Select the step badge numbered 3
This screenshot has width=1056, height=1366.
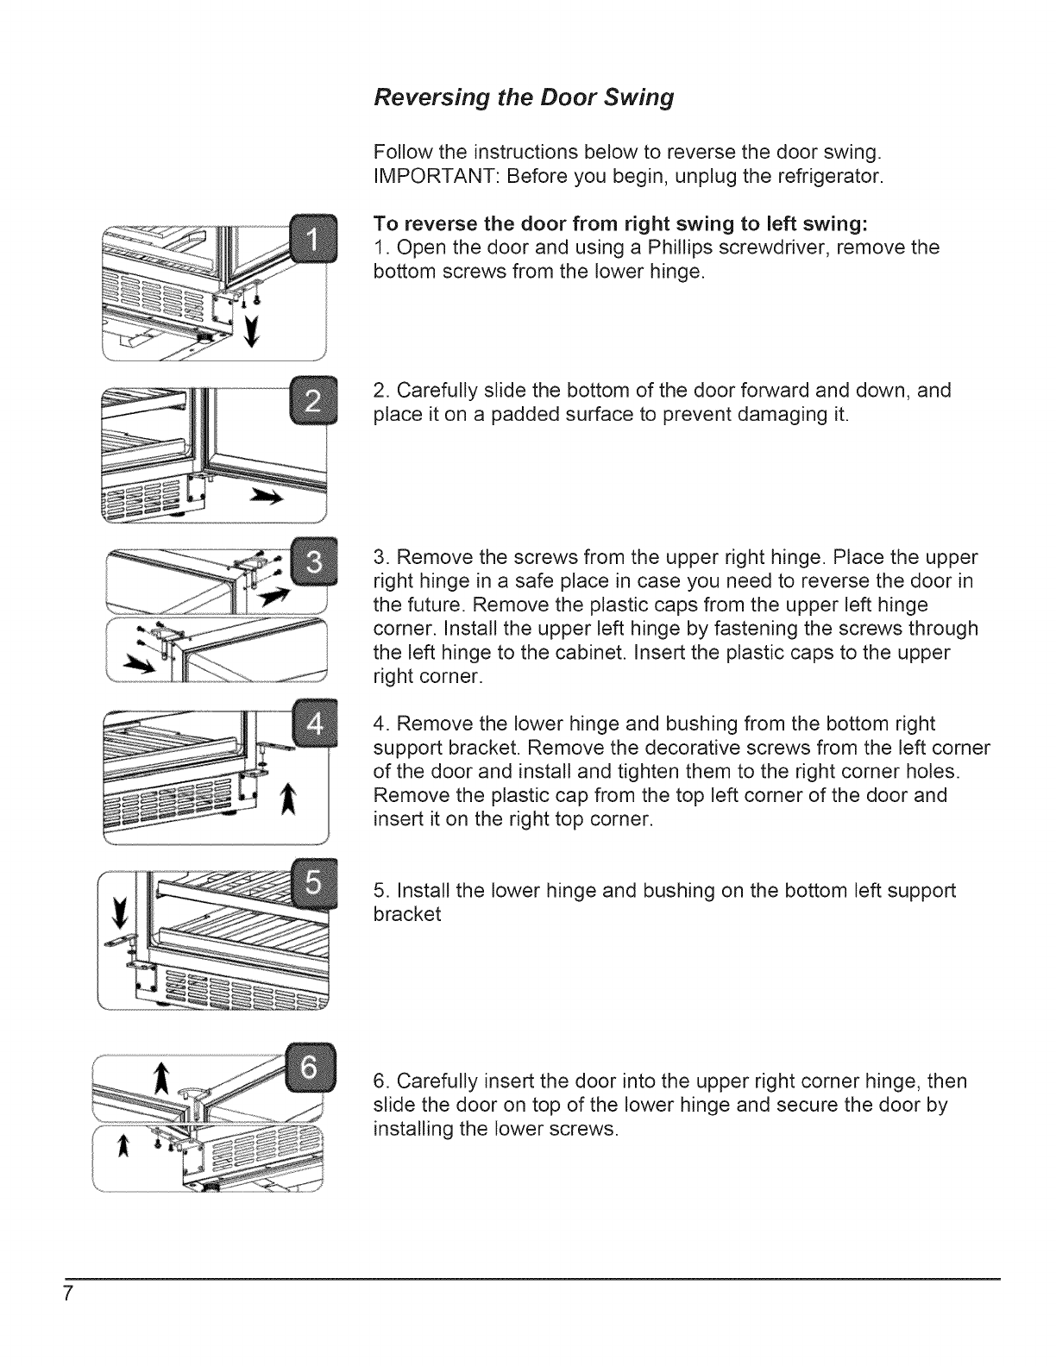coord(314,562)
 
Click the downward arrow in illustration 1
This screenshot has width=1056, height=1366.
coord(252,329)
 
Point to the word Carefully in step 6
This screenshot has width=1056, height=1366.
coord(433,1081)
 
